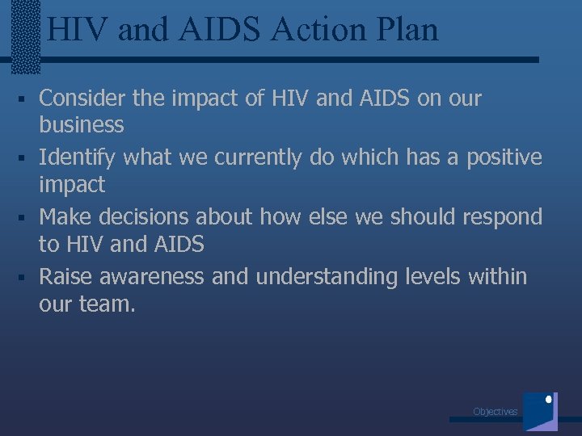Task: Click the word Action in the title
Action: click(x=318, y=30)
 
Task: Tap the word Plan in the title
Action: click(x=407, y=30)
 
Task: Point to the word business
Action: click(x=82, y=125)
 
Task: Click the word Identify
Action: click(x=77, y=157)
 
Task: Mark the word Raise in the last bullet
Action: click(x=63, y=277)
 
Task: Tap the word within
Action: click(x=499, y=277)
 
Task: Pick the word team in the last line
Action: click(x=104, y=304)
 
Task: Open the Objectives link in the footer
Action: click(x=495, y=412)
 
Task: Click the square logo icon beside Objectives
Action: click(x=540, y=411)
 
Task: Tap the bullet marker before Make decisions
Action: click(x=27, y=218)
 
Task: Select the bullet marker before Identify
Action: click(x=27, y=158)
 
